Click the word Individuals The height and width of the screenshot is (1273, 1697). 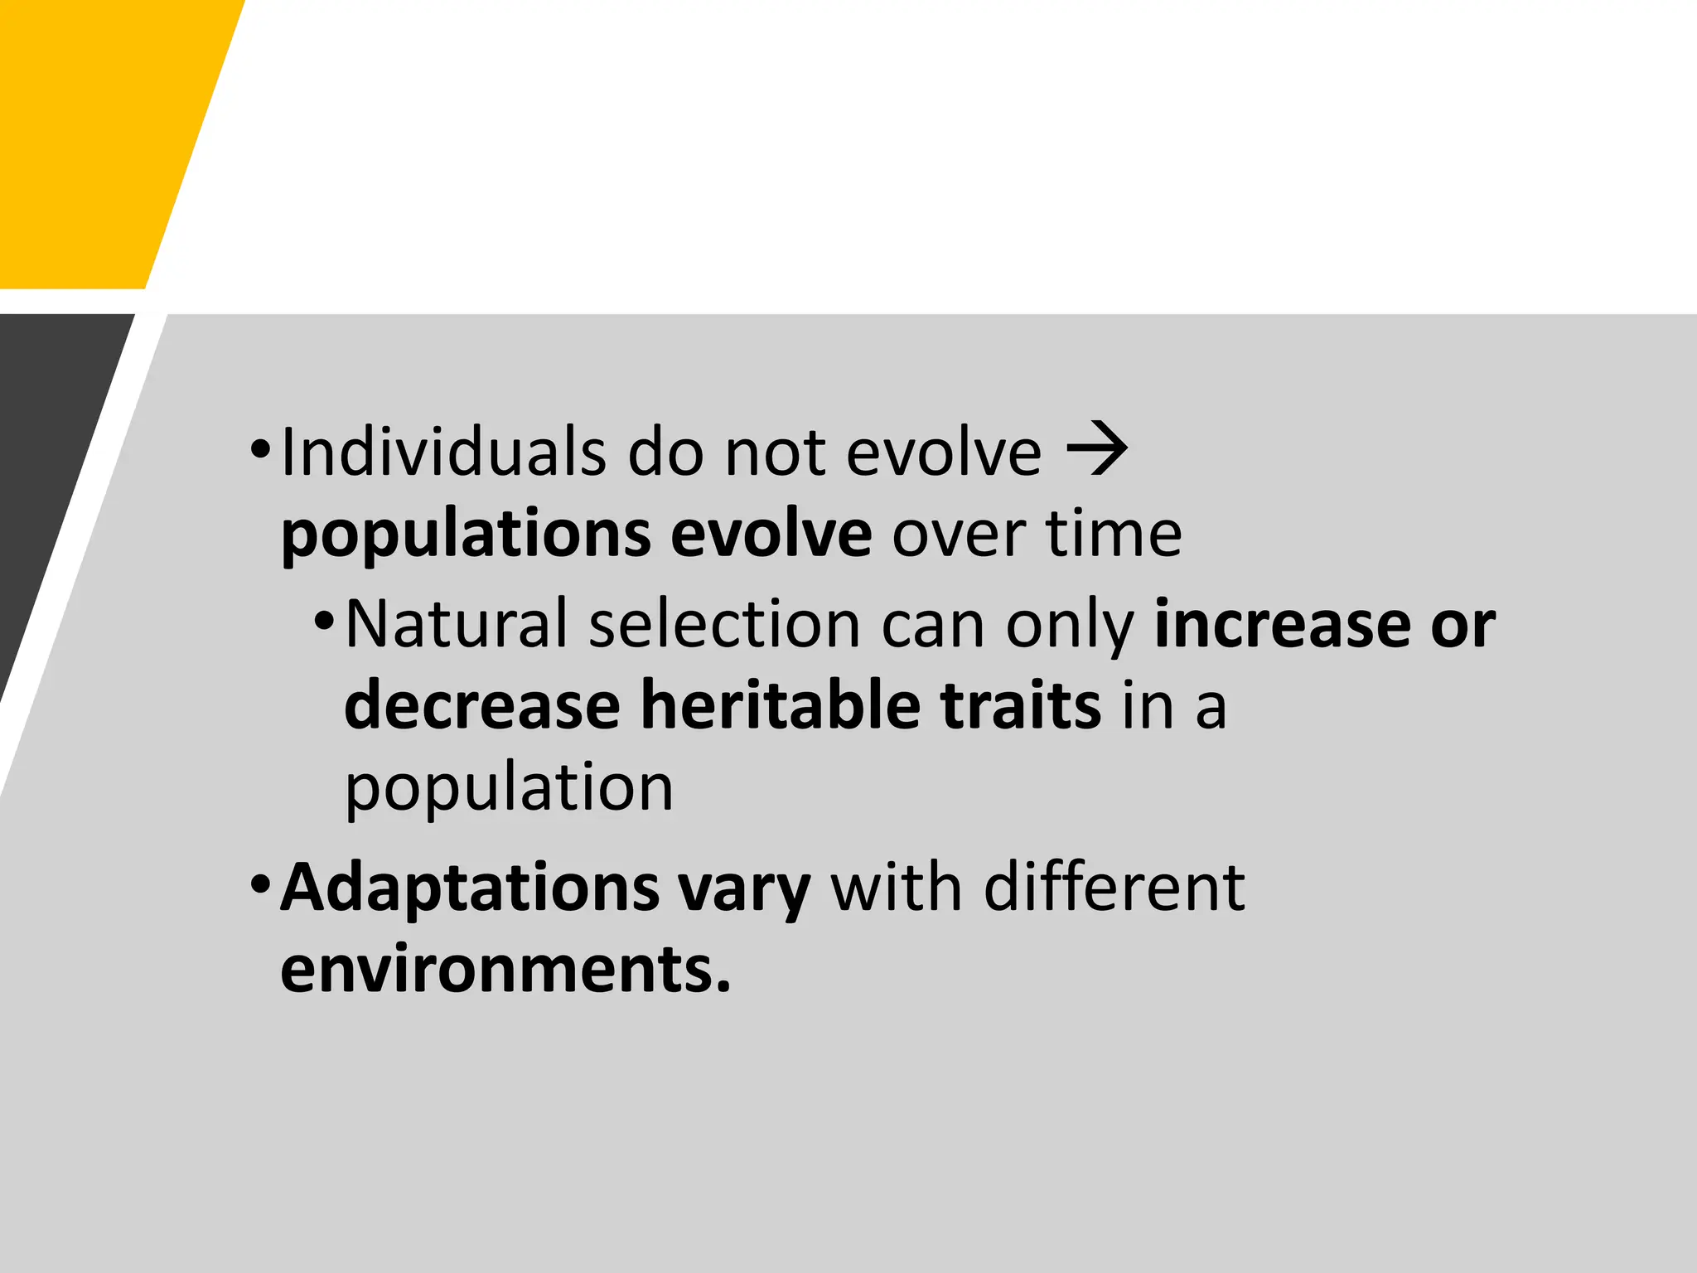(443, 453)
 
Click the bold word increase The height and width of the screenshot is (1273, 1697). (1282, 624)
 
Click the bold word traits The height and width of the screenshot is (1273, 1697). (1021, 705)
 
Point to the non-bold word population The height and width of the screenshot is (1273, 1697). (509, 790)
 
